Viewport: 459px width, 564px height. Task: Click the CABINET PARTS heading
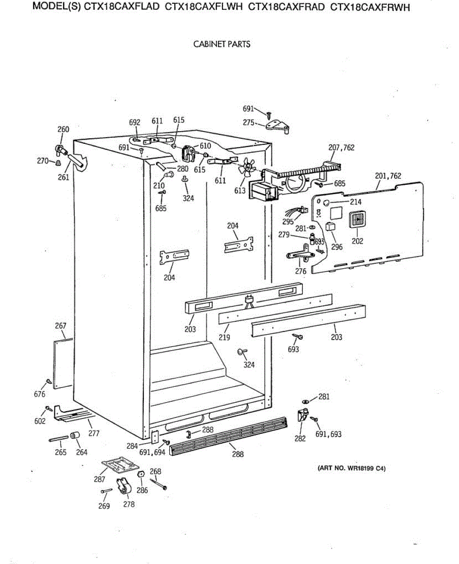[222, 44]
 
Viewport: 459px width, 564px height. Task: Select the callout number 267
[61, 326]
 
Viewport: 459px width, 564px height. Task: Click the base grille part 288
[228, 436]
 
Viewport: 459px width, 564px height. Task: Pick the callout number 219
[225, 337]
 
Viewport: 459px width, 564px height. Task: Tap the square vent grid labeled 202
[358, 220]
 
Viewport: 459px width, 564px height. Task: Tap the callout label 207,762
[341, 148]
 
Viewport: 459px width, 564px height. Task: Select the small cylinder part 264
[74, 436]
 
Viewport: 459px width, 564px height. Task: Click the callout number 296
[337, 247]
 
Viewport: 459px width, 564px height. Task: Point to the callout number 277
[94, 433]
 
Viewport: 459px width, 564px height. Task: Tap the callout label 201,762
[388, 176]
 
